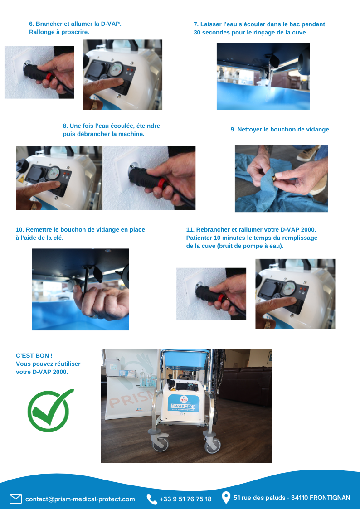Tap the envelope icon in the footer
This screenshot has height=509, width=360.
pyautogui.click(x=15, y=499)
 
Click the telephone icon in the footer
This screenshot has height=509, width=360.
pyautogui.click(x=151, y=499)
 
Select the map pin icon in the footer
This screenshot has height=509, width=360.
pyautogui.click(x=226, y=498)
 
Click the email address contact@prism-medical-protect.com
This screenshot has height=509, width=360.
pyautogui.click(x=80, y=499)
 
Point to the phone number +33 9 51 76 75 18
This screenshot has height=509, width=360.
pyautogui.click(x=185, y=499)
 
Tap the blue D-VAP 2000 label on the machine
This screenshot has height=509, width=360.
pyautogui.click(x=183, y=407)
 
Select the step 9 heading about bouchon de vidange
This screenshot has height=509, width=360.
pyautogui.click(x=281, y=129)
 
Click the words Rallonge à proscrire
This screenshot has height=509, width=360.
pyautogui.click(x=59, y=32)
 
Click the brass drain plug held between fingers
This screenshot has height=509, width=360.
pyautogui.click(x=274, y=178)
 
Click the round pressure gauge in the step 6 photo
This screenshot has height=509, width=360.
pyautogui.click(x=116, y=69)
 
